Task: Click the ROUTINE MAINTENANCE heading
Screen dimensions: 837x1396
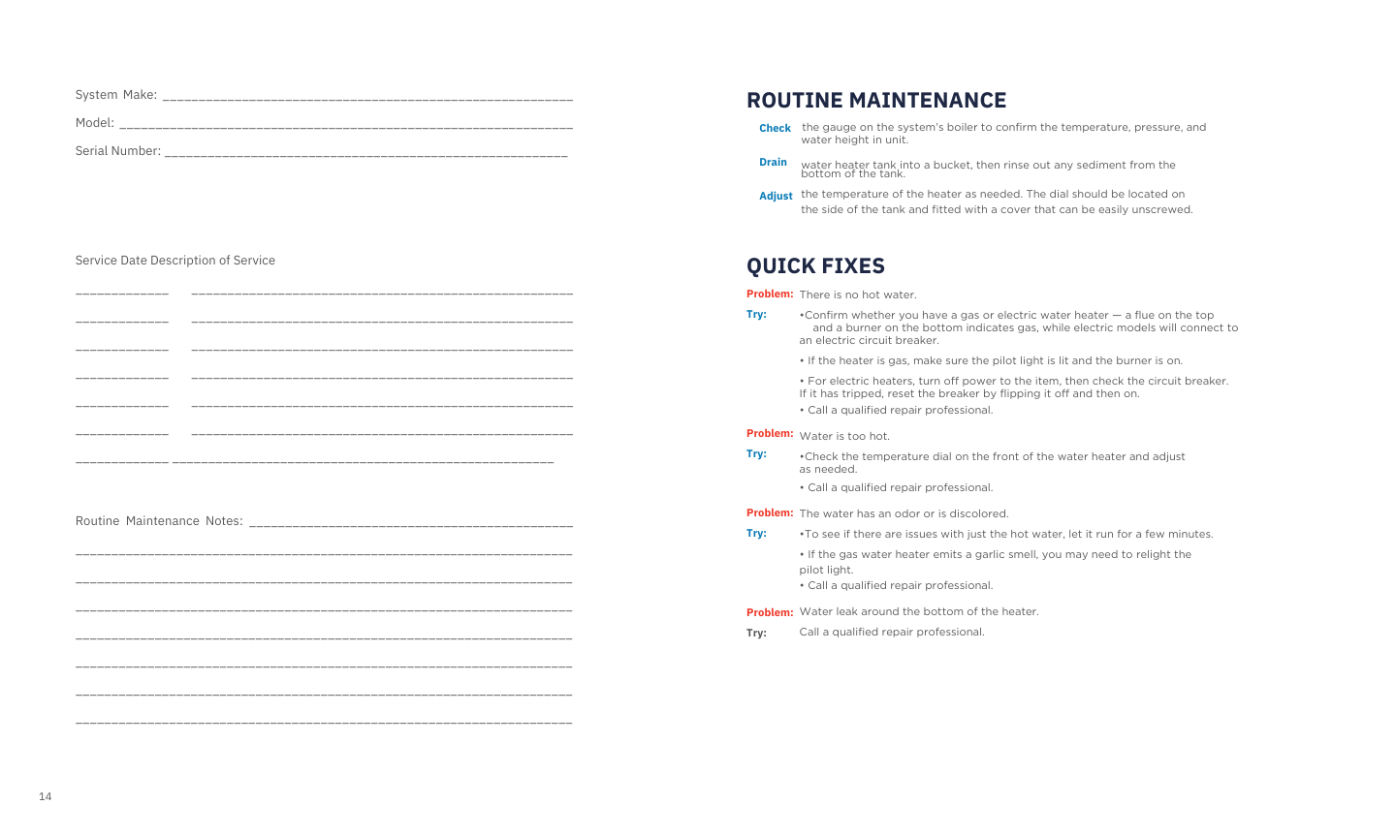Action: [876, 101]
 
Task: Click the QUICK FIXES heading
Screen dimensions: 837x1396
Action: [815, 266]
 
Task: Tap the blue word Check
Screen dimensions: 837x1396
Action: [775, 129]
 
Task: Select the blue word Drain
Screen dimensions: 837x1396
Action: [773, 163]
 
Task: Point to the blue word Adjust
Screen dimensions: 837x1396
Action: [776, 197]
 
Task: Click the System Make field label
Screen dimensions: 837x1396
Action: [116, 95]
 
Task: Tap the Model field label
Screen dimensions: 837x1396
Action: [95, 123]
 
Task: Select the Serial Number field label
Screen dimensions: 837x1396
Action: [118, 151]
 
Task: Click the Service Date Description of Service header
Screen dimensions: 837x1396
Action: [175, 261]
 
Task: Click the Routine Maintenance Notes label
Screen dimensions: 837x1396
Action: [159, 521]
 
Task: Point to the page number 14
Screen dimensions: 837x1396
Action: [46, 797]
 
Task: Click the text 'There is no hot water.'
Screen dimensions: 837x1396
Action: [858, 295]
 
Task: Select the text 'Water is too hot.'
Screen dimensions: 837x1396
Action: [844, 437]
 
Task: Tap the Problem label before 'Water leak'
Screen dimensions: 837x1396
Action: [770, 613]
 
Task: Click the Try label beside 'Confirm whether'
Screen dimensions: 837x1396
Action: [756, 315]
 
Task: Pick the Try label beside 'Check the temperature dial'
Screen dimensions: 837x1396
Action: [756, 454]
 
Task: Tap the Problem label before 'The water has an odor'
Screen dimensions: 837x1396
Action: [770, 513]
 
